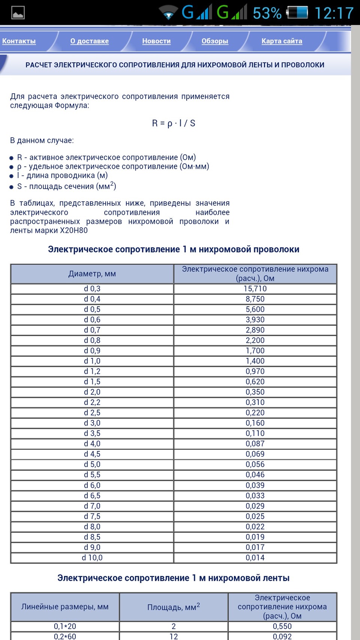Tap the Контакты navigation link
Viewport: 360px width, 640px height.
click(19, 41)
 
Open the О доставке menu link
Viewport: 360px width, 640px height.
click(89, 41)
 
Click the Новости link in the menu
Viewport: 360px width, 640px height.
click(156, 41)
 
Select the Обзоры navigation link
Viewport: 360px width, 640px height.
click(214, 41)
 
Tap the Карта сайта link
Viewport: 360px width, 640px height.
click(282, 41)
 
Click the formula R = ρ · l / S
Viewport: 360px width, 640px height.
click(173, 123)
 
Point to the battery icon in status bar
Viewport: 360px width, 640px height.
click(297, 12)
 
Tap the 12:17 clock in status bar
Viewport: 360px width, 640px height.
click(334, 13)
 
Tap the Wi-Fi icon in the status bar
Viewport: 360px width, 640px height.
click(168, 12)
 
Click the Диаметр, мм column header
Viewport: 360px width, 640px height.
click(92, 274)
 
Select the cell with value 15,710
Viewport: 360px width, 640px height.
click(255, 289)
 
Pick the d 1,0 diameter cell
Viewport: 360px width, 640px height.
click(92, 361)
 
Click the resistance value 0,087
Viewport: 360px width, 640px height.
click(255, 444)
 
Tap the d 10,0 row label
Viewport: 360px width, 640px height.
click(92, 558)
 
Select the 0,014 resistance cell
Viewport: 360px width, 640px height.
click(255, 558)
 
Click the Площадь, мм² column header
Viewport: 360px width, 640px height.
click(173, 607)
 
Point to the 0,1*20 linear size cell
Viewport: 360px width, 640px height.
click(65, 627)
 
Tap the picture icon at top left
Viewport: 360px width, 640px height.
click(18, 13)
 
